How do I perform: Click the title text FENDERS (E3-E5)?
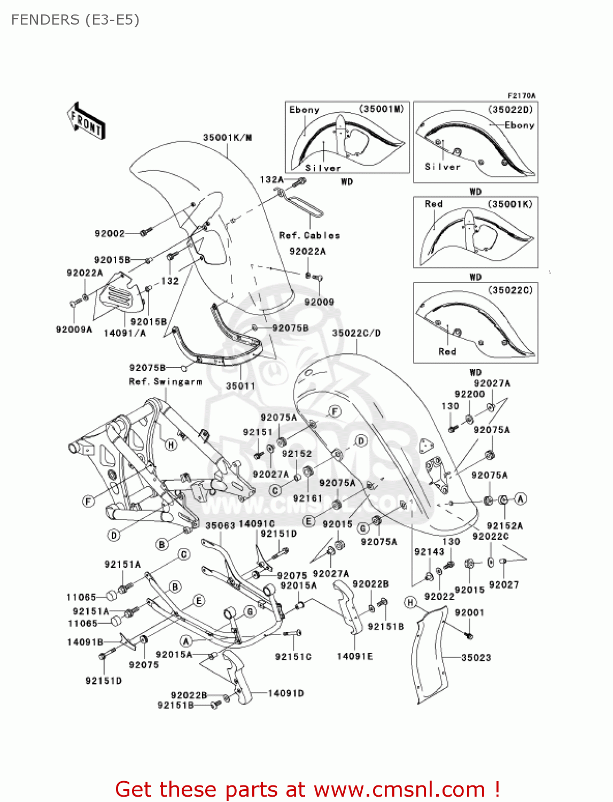coord(75,20)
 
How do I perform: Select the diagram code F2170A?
coord(521,96)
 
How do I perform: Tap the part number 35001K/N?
coord(227,137)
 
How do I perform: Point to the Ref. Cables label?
coord(309,235)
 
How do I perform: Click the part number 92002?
coord(110,233)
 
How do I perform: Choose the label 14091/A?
coord(125,333)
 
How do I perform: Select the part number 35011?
coord(240,385)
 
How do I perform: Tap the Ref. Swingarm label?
coord(166,382)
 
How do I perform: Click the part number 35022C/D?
coord(356,333)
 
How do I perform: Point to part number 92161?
coord(308,498)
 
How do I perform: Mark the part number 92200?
coord(469,394)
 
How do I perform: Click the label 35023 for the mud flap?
coord(476,658)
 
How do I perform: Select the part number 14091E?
coord(354,656)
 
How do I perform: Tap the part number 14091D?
coord(286,693)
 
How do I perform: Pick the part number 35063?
coord(220,526)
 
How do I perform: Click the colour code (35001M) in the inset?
coord(381,109)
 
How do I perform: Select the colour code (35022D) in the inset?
coord(510,109)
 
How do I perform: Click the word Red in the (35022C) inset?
coord(447,351)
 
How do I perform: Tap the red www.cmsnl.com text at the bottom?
coord(399,789)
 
